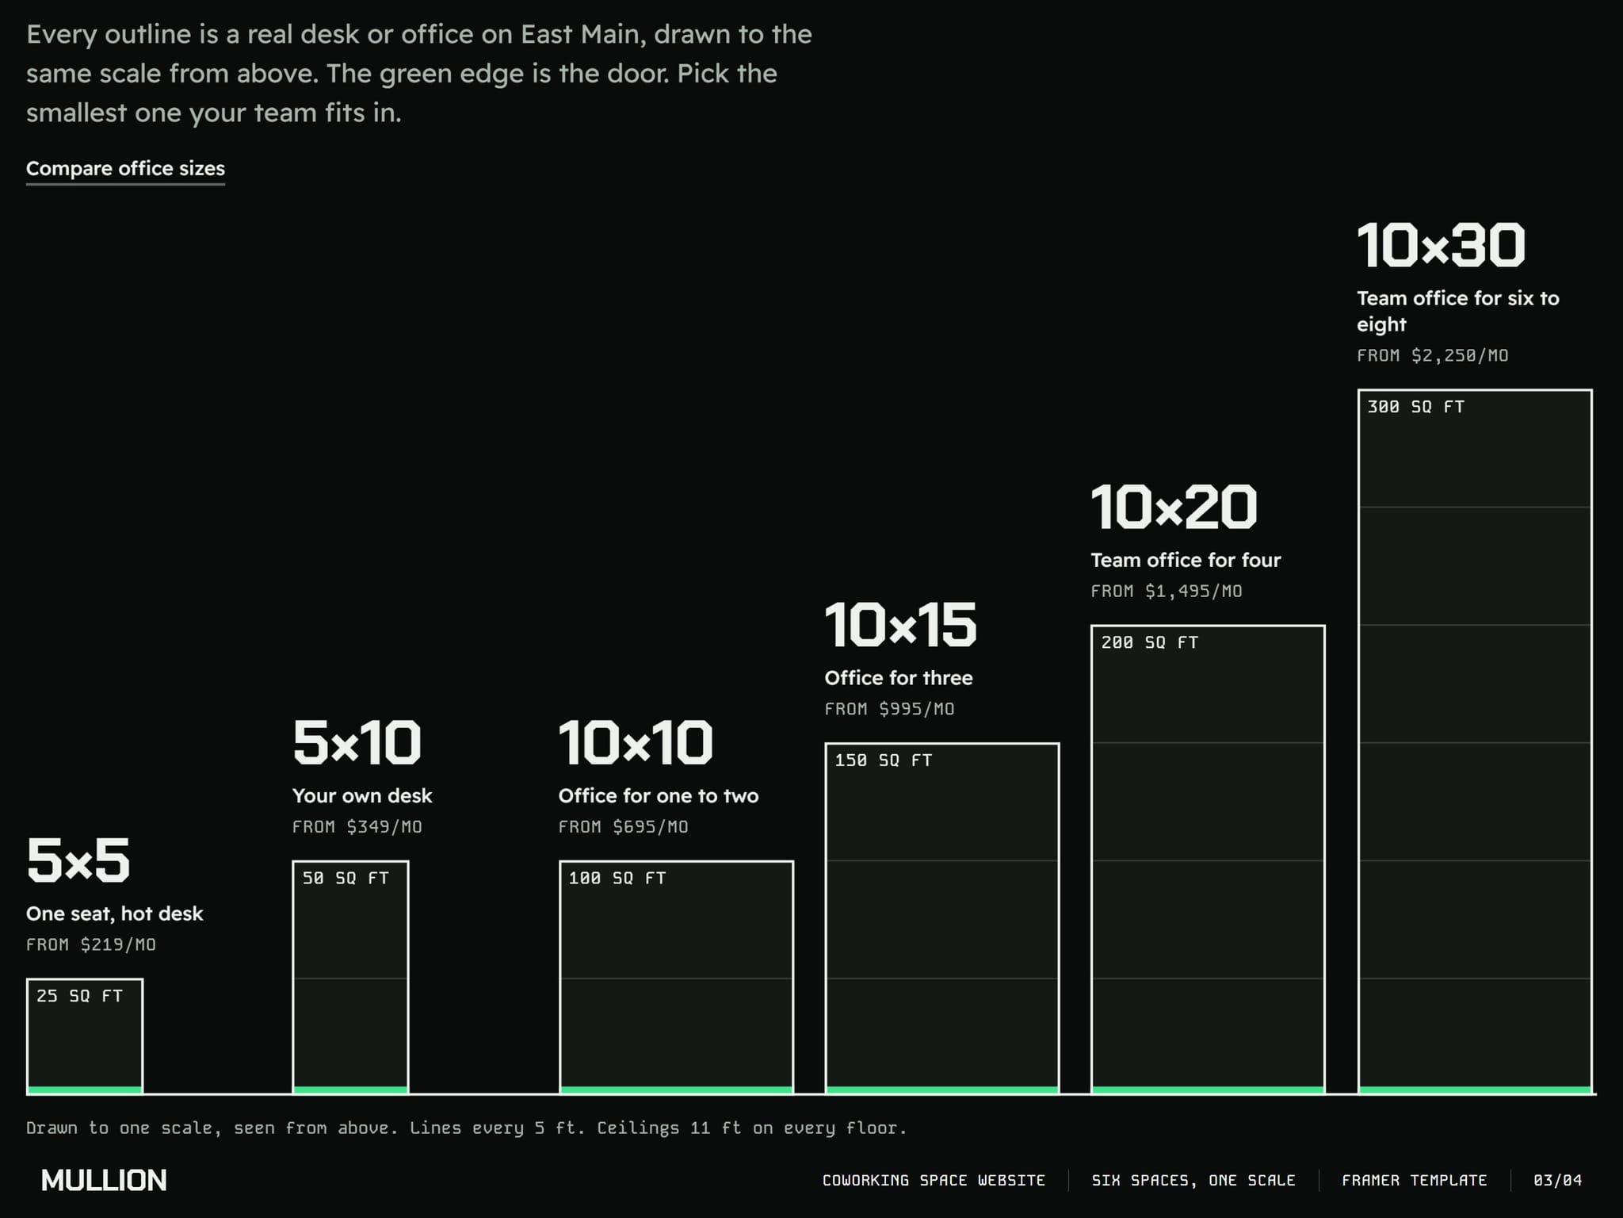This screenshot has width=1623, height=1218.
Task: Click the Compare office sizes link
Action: coord(125,169)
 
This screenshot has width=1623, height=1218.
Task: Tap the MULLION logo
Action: coord(104,1180)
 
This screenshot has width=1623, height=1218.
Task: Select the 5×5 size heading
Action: coord(78,860)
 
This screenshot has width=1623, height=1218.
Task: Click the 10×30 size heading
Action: coord(1441,245)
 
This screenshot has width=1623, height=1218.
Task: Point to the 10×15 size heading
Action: coord(900,625)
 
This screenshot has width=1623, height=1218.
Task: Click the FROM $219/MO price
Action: coord(91,944)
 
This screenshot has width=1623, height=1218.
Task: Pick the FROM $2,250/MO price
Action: coord(1433,355)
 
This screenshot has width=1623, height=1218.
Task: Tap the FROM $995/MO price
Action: coord(889,709)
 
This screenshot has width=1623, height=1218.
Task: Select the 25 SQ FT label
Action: coord(79,996)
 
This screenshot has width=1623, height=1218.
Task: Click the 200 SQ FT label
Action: coord(1149,642)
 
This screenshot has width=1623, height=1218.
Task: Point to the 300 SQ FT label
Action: coord(1415,407)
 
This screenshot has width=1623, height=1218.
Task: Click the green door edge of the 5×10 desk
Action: coord(350,1090)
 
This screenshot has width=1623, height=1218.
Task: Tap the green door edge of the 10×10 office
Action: coord(676,1090)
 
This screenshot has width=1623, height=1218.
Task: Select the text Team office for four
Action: coord(1186,560)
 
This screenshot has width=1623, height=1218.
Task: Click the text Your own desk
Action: coord(362,795)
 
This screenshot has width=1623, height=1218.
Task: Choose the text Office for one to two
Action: coord(659,795)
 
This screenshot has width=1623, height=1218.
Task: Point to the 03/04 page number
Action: coord(1557,1180)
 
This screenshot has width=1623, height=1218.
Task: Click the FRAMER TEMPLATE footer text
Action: coord(1414,1180)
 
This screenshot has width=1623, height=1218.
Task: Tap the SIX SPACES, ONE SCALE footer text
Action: coord(1193,1180)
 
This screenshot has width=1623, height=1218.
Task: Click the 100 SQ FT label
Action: coord(617,878)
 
